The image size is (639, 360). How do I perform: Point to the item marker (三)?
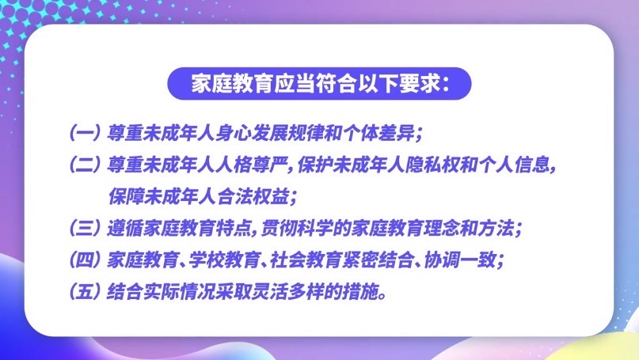tap(84, 229)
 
